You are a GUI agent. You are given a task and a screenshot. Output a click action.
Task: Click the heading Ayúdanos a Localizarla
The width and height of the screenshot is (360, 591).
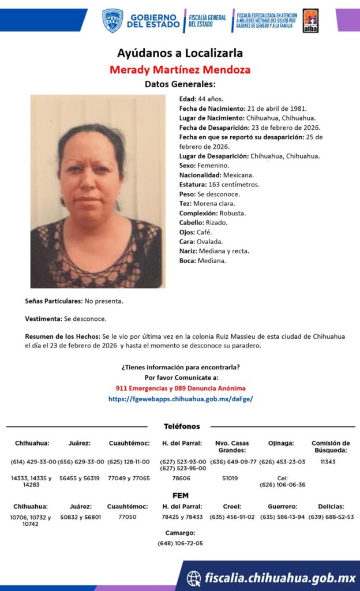[179, 53]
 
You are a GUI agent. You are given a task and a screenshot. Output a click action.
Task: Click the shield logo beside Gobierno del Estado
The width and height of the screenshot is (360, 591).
[112, 20]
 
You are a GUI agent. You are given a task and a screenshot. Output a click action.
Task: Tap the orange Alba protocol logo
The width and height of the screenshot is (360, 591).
[310, 20]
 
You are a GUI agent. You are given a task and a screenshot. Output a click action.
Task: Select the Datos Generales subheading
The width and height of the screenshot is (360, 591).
[179, 85]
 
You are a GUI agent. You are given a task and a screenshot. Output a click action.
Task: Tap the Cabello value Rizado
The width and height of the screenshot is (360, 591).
[216, 223]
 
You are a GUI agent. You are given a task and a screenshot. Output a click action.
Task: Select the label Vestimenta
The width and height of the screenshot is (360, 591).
[43, 319]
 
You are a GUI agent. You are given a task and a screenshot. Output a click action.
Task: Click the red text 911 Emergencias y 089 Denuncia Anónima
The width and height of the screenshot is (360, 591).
[180, 388]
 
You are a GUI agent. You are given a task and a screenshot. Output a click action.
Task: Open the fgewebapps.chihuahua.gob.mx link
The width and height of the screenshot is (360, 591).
[180, 399]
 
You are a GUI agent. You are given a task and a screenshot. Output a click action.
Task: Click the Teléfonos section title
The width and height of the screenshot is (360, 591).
[182, 427]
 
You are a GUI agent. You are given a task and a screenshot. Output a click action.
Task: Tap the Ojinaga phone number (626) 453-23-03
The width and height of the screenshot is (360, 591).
[282, 462]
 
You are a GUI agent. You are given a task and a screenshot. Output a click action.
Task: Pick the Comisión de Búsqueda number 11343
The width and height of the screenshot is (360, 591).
[328, 462]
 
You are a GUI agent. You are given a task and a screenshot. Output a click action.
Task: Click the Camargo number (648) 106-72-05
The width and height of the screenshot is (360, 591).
[180, 543]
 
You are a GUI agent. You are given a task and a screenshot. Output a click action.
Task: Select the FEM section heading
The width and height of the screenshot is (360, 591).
[180, 495]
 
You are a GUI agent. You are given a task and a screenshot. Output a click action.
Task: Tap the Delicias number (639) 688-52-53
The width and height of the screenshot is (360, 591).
[331, 517]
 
